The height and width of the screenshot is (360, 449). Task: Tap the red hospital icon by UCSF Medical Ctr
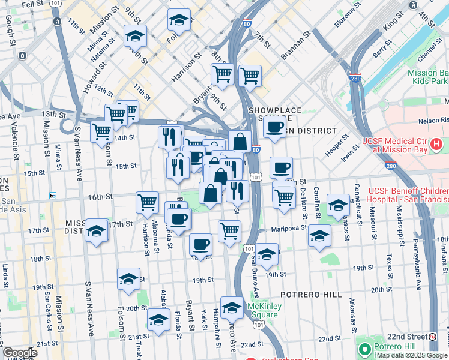[x=436, y=144]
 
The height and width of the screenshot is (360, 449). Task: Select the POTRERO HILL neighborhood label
[x=310, y=295]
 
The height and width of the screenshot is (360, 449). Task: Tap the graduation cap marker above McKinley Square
[x=232, y=307]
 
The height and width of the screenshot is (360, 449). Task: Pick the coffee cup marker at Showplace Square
[x=274, y=127]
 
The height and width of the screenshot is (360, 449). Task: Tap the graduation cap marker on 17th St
[x=97, y=231]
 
